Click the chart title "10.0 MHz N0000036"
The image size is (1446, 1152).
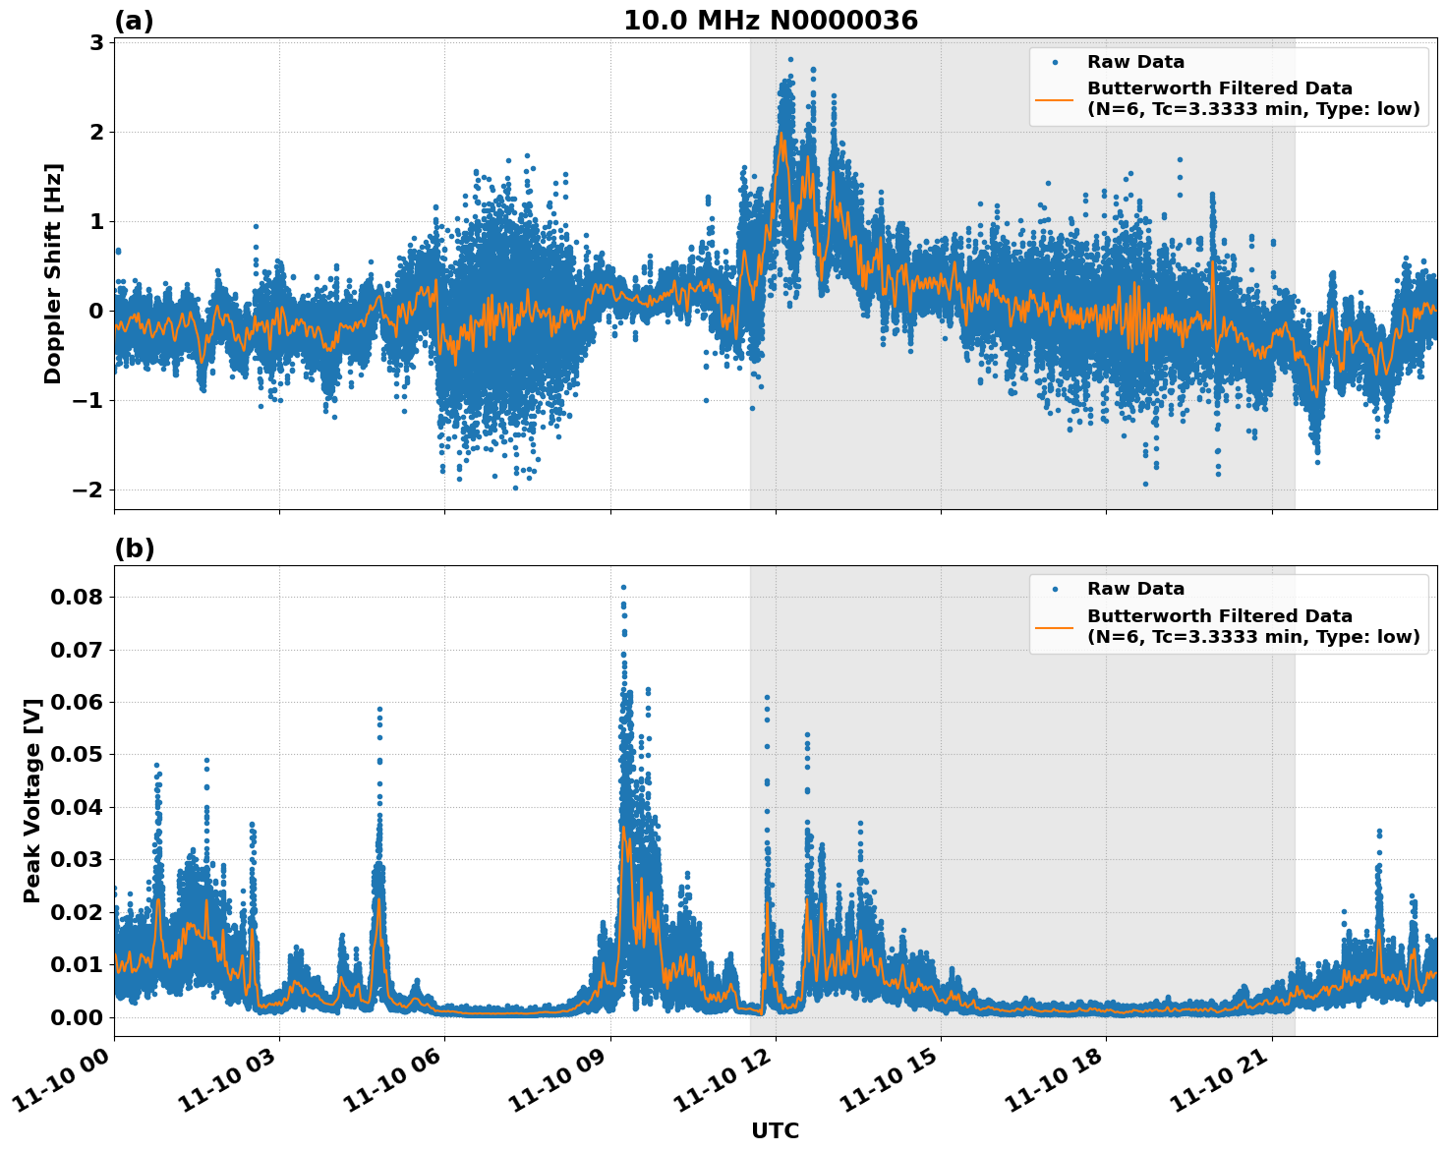tap(771, 21)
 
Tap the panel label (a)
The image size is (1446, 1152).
tap(134, 21)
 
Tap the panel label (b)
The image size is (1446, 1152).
tap(134, 548)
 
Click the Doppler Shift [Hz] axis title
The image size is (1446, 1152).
tap(53, 273)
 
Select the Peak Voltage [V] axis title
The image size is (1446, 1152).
tap(32, 800)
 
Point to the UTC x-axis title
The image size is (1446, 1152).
tap(775, 1130)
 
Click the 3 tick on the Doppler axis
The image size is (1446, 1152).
tap(97, 42)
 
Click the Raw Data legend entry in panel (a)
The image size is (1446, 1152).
tap(1135, 62)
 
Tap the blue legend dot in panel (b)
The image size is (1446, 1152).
tap(1054, 589)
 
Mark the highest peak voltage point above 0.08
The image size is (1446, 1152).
tap(623, 587)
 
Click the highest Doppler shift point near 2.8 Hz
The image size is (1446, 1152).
tap(789, 59)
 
